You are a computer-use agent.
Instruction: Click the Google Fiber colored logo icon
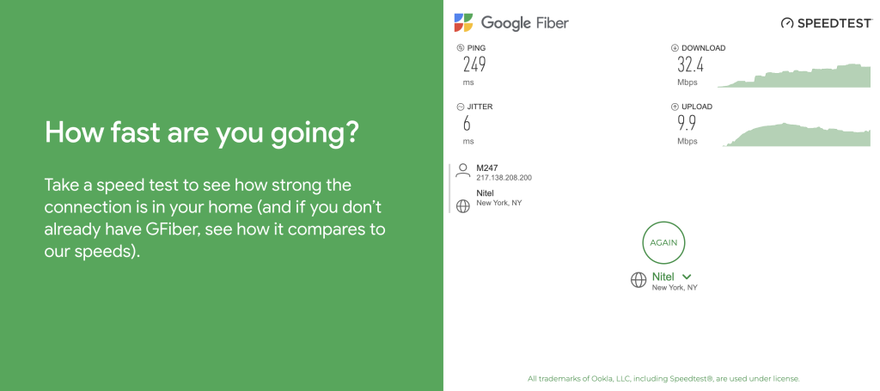[463, 23]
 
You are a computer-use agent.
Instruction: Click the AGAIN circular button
[663, 242]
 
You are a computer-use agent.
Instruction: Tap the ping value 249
[474, 64]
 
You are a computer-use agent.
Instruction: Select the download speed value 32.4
[690, 64]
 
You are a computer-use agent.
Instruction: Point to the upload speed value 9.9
[686, 123]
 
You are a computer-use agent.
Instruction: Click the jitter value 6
[467, 123]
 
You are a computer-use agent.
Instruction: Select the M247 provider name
[487, 168]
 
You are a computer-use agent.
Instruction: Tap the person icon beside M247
[463, 170]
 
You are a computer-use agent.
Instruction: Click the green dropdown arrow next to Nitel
[687, 277]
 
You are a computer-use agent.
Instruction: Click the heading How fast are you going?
[202, 133]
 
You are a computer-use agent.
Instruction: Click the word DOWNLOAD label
[703, 48]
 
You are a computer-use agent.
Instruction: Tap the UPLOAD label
[696, 107]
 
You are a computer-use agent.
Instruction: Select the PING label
[475, 48]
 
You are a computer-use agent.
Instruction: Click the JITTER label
[480, 107]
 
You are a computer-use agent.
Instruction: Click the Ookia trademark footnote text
[663, 378]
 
